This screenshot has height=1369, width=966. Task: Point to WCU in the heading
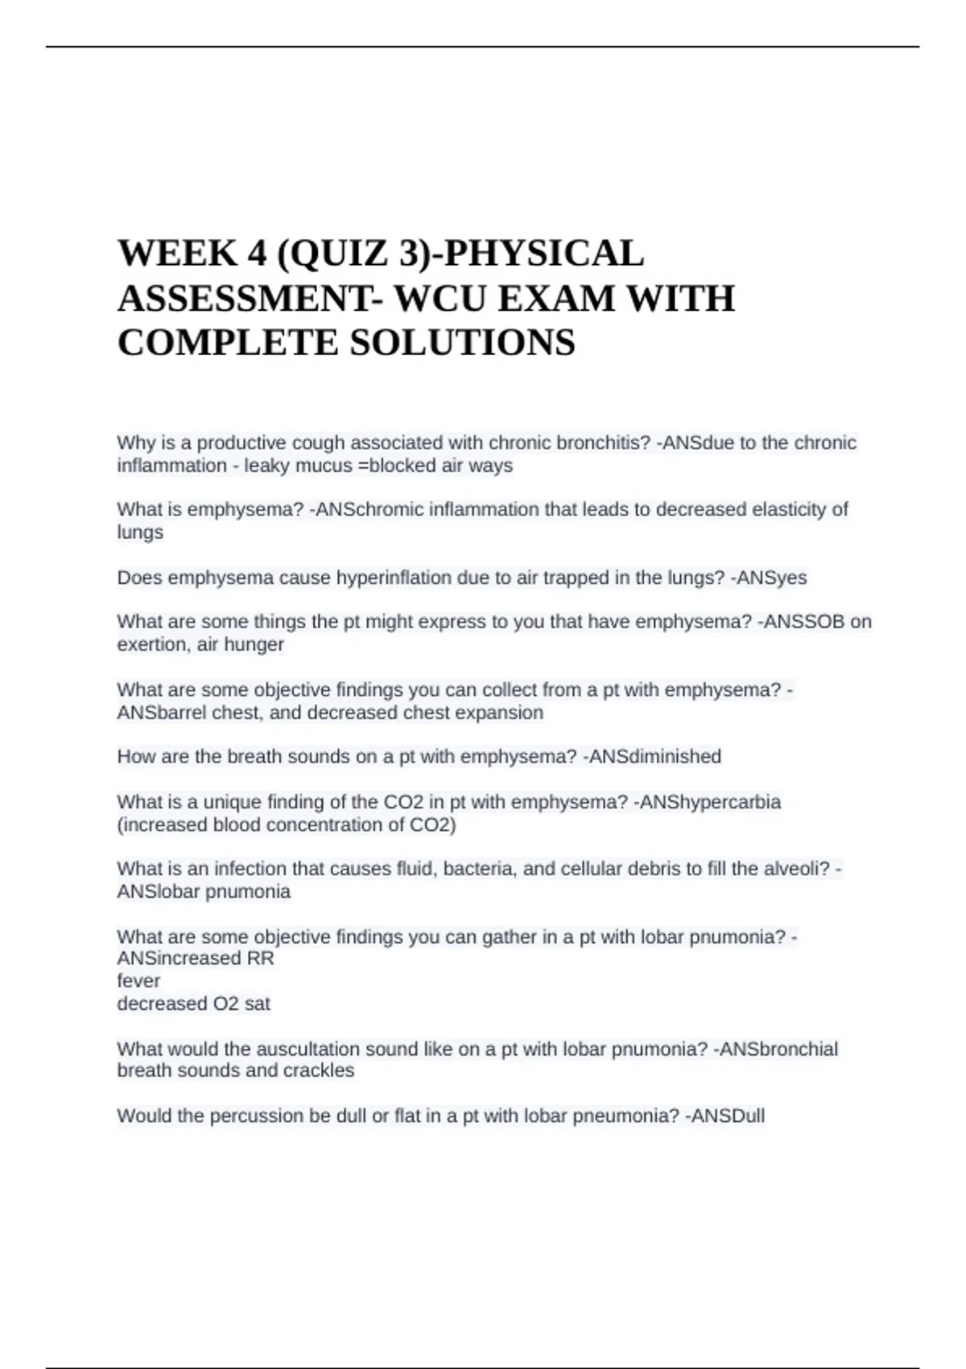[439, 298]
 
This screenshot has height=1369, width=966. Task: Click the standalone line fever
[138, 981]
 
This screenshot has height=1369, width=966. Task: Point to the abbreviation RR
[262, 958]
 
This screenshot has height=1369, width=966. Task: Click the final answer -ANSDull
[724, 1116]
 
